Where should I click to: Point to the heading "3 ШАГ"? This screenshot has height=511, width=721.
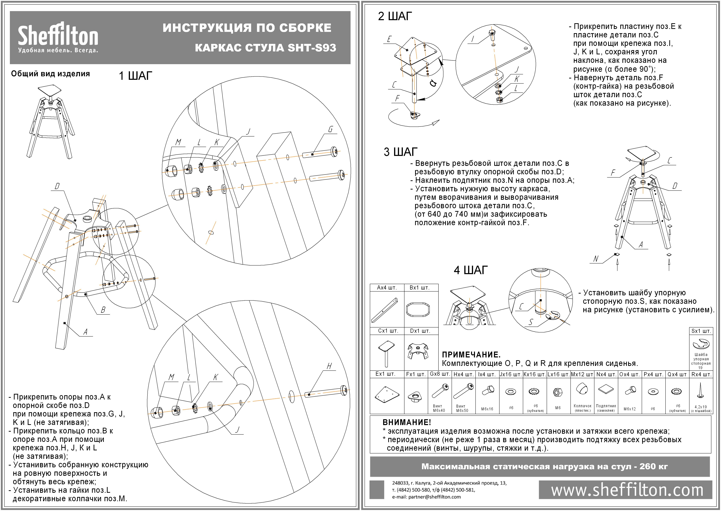click(x=400, y=152)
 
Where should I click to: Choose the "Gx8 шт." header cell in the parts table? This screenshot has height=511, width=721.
click(x=440, y=374)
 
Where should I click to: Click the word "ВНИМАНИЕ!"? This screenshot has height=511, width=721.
click(x=406, y=422)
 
